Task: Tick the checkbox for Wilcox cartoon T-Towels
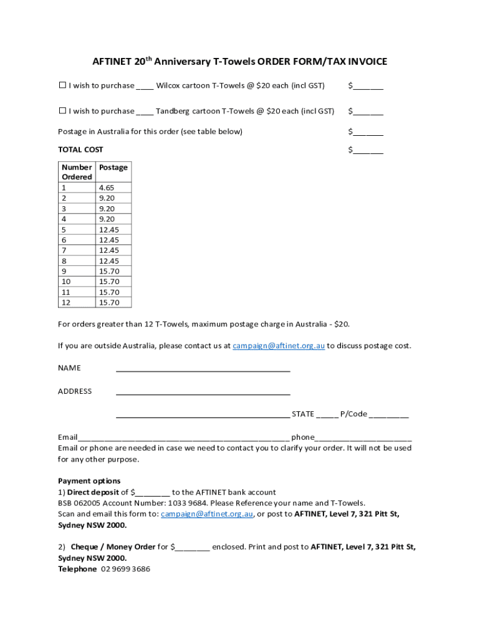[x=62, y=85]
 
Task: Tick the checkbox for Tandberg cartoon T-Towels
[x=62, y=111]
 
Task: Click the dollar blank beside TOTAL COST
[x=368, y=150]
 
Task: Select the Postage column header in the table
[x=113, y=167]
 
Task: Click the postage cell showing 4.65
[x=105, y=188]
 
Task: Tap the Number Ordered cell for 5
[x=64, y=229]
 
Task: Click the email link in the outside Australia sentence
[x=279, y=346]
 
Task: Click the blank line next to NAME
[x=203, y=368]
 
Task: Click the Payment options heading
[x=89, y=481]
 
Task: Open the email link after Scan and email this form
[x=206, y=514]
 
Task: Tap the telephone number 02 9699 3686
[x=125, y=569]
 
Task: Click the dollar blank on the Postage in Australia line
[x=368, y=132]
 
